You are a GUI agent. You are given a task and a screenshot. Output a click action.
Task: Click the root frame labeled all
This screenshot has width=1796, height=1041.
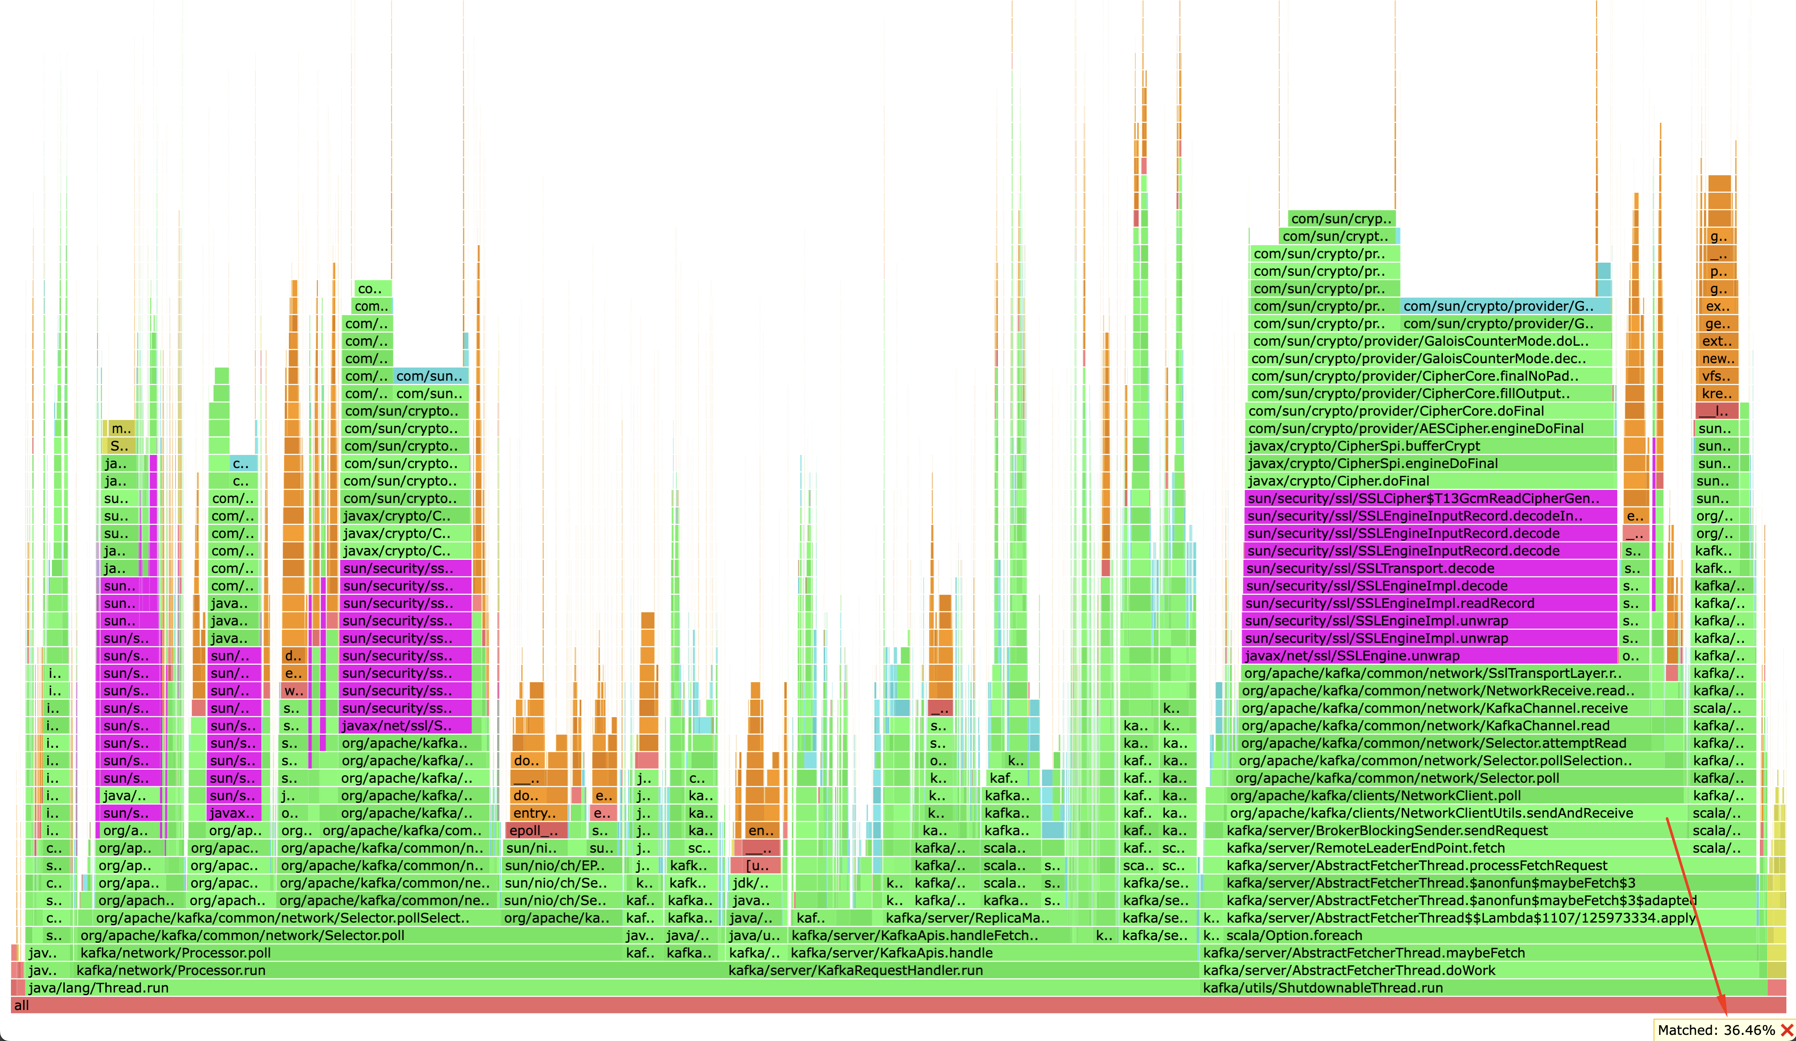tap(898, 1005)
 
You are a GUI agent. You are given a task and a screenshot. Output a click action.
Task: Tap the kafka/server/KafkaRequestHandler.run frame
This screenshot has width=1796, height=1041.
tap(962, 970)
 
